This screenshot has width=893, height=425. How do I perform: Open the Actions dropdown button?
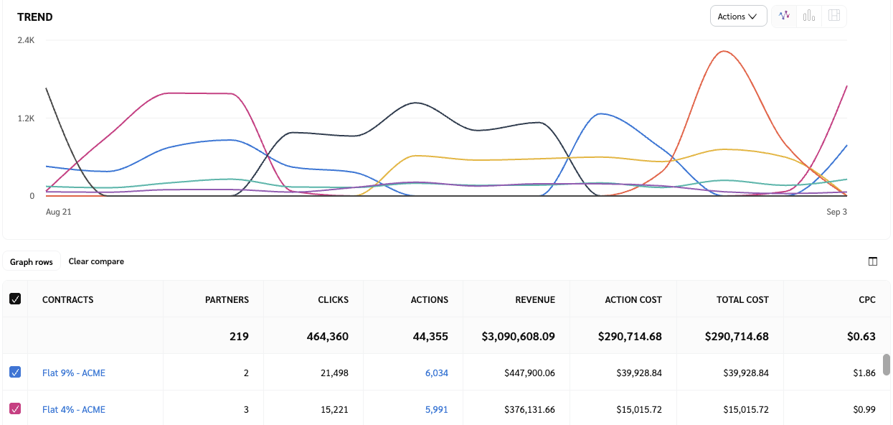[738, 17]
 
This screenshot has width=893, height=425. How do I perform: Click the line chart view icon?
[784, 16]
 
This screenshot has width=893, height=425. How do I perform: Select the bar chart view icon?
[809, 16]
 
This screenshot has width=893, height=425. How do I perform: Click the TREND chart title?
[35, 17]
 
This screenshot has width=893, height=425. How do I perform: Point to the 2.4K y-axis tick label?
[26, 40]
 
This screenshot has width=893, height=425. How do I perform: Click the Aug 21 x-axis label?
[58, 212]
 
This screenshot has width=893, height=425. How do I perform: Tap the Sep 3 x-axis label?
[836, 212]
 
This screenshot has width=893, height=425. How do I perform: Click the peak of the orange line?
[724, 52]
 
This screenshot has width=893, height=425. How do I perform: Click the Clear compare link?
[96, 261]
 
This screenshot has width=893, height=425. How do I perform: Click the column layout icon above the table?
[873, 261]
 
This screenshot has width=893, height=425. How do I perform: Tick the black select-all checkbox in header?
[15, 299]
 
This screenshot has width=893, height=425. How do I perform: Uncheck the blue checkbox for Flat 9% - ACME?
[15, 372]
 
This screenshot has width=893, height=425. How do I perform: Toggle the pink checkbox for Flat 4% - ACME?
[15, 408]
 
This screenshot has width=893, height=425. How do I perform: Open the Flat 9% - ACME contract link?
[74, 373]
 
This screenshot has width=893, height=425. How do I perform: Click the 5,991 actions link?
[436, 409]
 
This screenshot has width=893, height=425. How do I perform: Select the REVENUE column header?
[535, 299]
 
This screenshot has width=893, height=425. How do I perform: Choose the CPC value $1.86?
[866, 373]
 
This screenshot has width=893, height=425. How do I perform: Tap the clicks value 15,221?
[333, 409]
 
